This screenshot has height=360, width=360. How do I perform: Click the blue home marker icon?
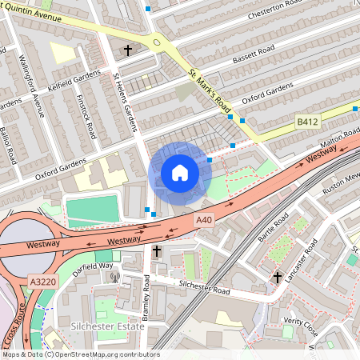pos(180,173)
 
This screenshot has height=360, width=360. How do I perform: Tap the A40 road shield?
pos(205,219)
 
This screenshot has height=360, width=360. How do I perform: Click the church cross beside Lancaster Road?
pos(278,278)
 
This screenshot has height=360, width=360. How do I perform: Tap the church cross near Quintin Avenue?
pos(127,50)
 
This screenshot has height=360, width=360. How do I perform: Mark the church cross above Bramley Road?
pos(157,252)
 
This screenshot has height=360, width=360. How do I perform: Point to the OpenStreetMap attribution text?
pos(81,354)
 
